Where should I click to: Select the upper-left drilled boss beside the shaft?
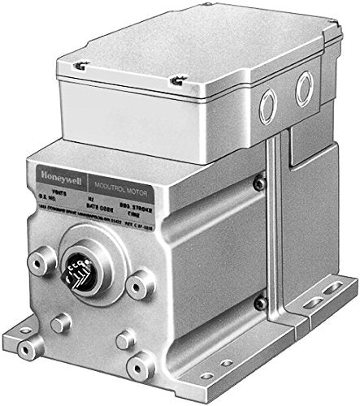pyautogui.click(x=37, y=261)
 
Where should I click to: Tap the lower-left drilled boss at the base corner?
pyautogui.click(x=29, y=346)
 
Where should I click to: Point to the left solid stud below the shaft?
pyautogui.click(x=58, y=323)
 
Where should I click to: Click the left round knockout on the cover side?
pyautogui.click(x=267, y=105)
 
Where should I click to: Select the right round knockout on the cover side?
pyautogui.click(x=305, y=85)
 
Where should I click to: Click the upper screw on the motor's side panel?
pyautogui.click(x=259, y=185)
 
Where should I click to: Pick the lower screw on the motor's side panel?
pyautogui.click(x=260, y=303)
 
